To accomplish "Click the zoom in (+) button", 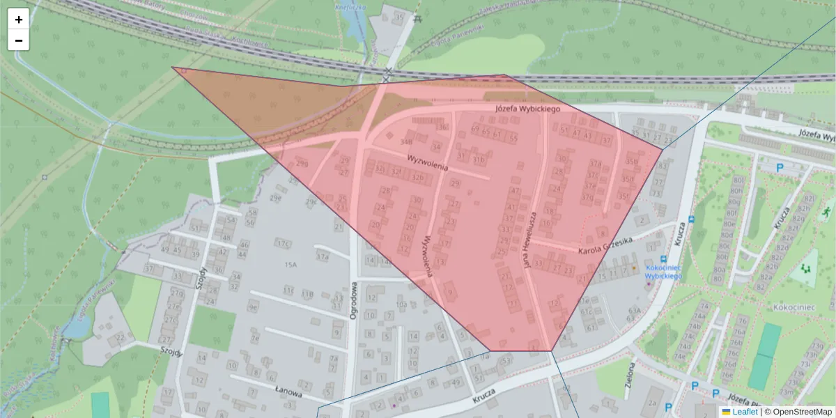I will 19,20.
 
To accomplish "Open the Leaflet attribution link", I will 745,412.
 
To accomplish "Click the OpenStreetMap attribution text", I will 802,412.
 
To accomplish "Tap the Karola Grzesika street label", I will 605,245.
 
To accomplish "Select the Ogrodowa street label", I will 353,300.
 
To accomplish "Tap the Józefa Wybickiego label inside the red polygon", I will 528,109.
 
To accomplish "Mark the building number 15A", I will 291,265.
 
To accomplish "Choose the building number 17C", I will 282,244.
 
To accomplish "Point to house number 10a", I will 401,304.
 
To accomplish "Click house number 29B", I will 302,163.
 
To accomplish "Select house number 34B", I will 407,141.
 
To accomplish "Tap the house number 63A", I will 634,310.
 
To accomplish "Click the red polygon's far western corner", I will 173,68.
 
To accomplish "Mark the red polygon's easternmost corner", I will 663,148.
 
